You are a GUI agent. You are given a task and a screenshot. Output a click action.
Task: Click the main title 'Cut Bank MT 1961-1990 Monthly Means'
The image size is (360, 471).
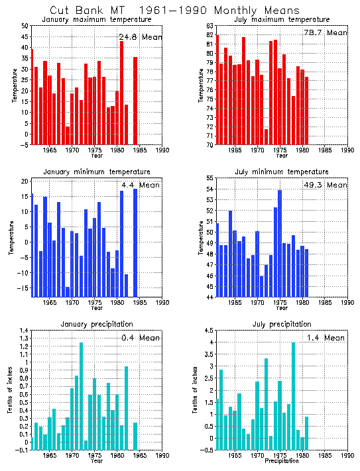(175, 10)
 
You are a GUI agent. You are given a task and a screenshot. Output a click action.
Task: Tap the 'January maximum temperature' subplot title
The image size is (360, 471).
(97, 20)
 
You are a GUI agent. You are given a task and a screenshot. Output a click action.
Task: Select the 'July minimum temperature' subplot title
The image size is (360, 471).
(282, 172)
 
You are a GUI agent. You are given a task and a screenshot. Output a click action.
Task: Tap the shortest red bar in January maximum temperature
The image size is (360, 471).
(68, 135)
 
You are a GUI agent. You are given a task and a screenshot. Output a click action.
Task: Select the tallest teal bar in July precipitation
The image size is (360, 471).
(293, 395)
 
